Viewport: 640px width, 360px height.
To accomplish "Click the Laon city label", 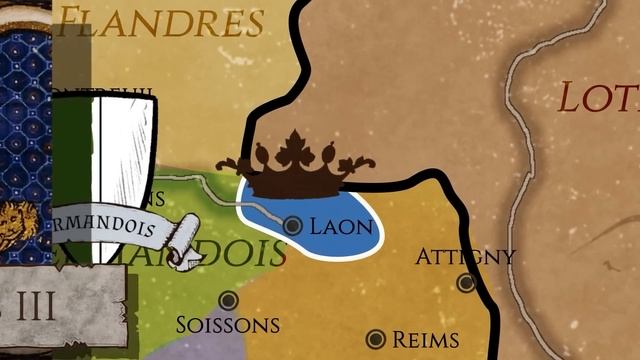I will [x=341, y=226].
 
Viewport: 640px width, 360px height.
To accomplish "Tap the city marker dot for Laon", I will [x=293, y=226].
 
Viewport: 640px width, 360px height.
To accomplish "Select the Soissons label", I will [x=227, y=325].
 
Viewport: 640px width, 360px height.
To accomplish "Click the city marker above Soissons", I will [x=228, y=299].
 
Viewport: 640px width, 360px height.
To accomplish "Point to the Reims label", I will [x=425, y=340].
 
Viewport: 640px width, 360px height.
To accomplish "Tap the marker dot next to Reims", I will [x=376, y=340].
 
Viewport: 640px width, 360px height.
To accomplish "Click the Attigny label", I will [x=465, y=257].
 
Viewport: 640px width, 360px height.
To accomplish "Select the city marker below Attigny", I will [x=466, y=283].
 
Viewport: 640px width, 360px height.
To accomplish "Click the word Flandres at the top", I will [x=160, y=20].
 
